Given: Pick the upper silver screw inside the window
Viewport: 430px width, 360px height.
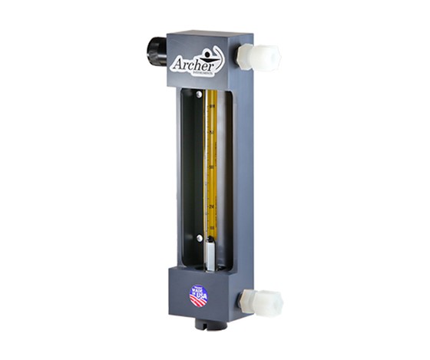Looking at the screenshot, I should pyautogui.click(x=200, y=95).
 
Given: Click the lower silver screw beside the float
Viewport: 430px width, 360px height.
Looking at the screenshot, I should pyautogui.click(x=199, y=239).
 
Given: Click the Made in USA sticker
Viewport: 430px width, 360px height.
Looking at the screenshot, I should pyautogui.click(x=199, y=294).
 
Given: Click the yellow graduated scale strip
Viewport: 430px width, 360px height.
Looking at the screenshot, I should pyautogui.click(x=210, y=161).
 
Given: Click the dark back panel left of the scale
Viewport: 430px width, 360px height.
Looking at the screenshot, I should pyautogui.click(x=192, y=169).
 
